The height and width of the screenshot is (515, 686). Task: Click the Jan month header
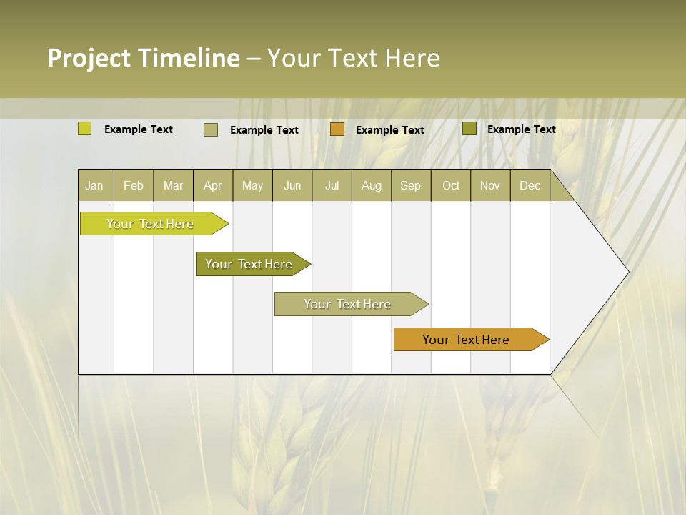click(x=94, y=186)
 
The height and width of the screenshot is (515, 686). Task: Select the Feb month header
click(x=134, y=186)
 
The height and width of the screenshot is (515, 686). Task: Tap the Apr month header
click(x=213, y=186)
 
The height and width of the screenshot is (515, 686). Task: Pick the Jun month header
click(x=292, y=186)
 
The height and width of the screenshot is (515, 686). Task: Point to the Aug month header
click(x=372, y=186)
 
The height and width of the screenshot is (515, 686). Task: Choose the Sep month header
click(x=411, y=186)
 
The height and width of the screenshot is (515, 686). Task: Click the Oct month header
click(x=451, y=186)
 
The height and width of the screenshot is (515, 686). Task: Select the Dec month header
click(x=530, y=186)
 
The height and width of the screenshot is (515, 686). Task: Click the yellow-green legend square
click(x=85, y=129)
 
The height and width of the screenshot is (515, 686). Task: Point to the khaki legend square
click(x=211, y=129)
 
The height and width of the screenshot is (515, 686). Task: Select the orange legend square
click(x=337, y=129)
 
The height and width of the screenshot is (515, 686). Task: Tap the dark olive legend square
click(x=469, y=128)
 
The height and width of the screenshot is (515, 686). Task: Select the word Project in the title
click(x=89, y=58)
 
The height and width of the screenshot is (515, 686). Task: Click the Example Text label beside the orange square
click(x=390, y=130)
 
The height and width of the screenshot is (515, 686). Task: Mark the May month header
click(x=252, y=186)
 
